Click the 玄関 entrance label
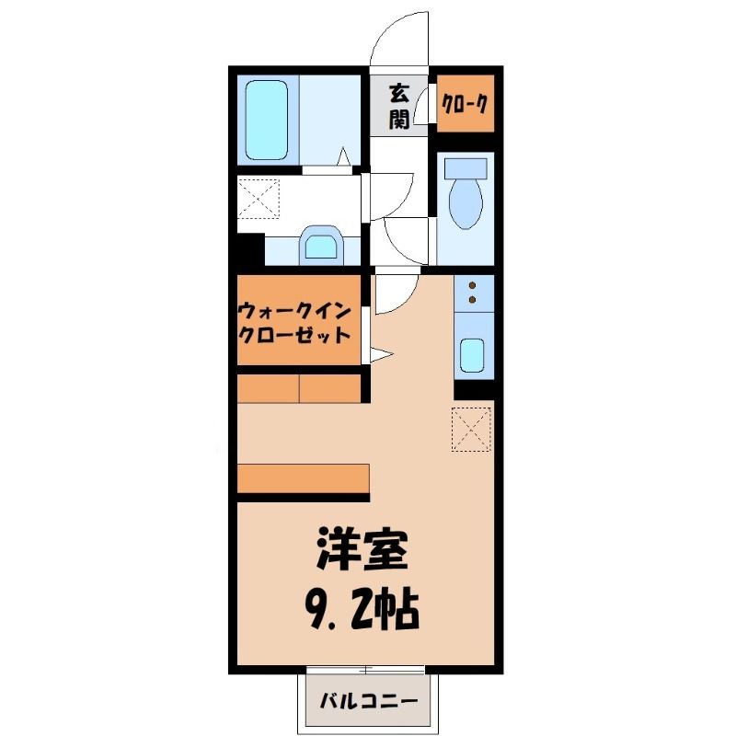(x=399, y=106)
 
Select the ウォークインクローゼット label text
(x=294, y=324)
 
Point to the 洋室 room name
(x=362, y=548)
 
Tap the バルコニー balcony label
(x=369, y=701)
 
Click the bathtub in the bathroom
(x=267, y=121)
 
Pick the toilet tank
(x=466, y=168)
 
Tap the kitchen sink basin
(x=472, y=355)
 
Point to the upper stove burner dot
(x=472, y=285)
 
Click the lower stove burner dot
(x=472, y=300)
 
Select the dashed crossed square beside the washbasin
(x=259, y=198)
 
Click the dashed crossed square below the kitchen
(x=471, y=430)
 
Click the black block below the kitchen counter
(x=474, y=388)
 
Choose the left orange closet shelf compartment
(x=268, y=388)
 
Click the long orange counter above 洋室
(x=304, y=478)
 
